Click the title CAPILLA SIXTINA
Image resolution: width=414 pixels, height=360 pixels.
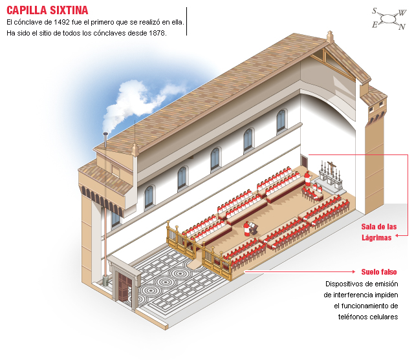(x=47, y=11)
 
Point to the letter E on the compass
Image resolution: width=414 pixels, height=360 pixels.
(x=374, y=25)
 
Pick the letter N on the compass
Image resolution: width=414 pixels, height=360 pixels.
(x=401, y=27)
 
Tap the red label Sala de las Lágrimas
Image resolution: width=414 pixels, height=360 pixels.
(x=378, y=232)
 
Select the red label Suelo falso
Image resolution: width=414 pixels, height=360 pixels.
(x=378, y=271)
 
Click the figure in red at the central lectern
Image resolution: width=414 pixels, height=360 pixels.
(x=247, y=226)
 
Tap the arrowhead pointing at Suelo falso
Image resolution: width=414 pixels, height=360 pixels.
(x=355, y=272)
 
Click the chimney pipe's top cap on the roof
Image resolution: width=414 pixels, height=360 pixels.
(x=104, y=135)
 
